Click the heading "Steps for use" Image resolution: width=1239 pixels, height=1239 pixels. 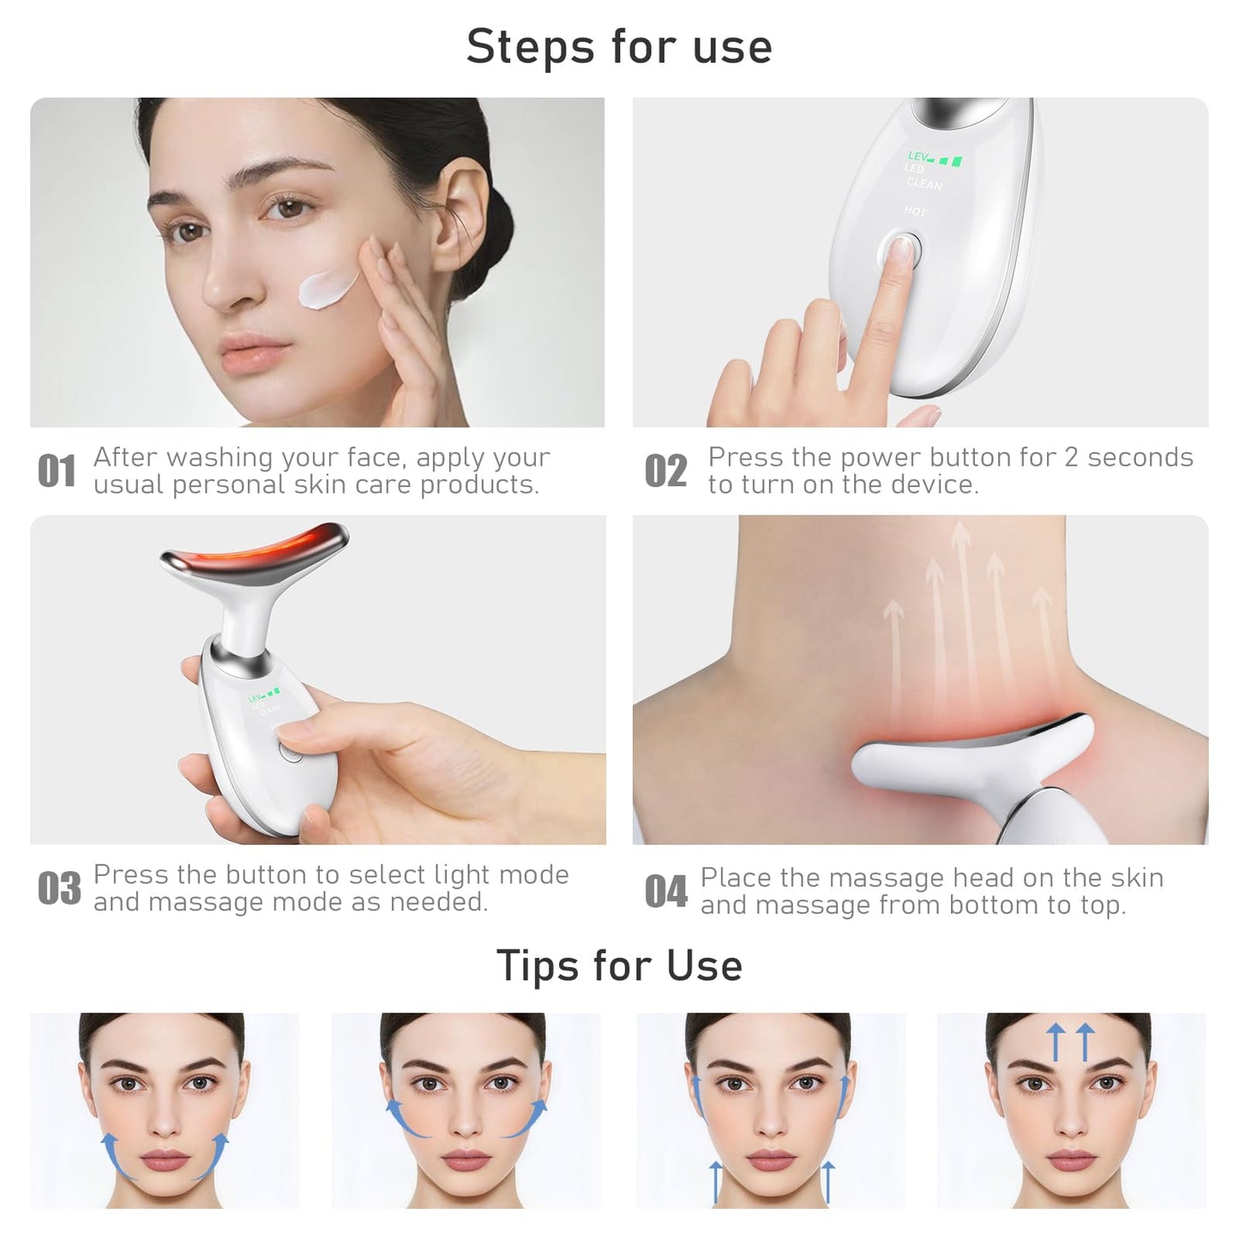coord(619,46)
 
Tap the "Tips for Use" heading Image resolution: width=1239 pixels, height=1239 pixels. coord(619,965)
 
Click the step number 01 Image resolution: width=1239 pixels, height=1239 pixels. coord(57,472)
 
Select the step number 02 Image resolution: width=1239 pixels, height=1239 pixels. coord(665,472)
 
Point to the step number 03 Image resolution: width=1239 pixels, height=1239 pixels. coord(59,889)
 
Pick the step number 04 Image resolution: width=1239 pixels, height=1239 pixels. coord(665,892)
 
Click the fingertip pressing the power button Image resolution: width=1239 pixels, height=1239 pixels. coord(898,251)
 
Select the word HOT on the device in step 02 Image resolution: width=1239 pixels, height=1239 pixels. coord(915,210)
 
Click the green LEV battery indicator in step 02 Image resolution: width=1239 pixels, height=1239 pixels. coord(935,159)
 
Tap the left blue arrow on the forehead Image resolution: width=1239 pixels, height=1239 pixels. coord(1056,1044)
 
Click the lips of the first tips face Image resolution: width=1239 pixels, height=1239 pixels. coord(165,1162)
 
